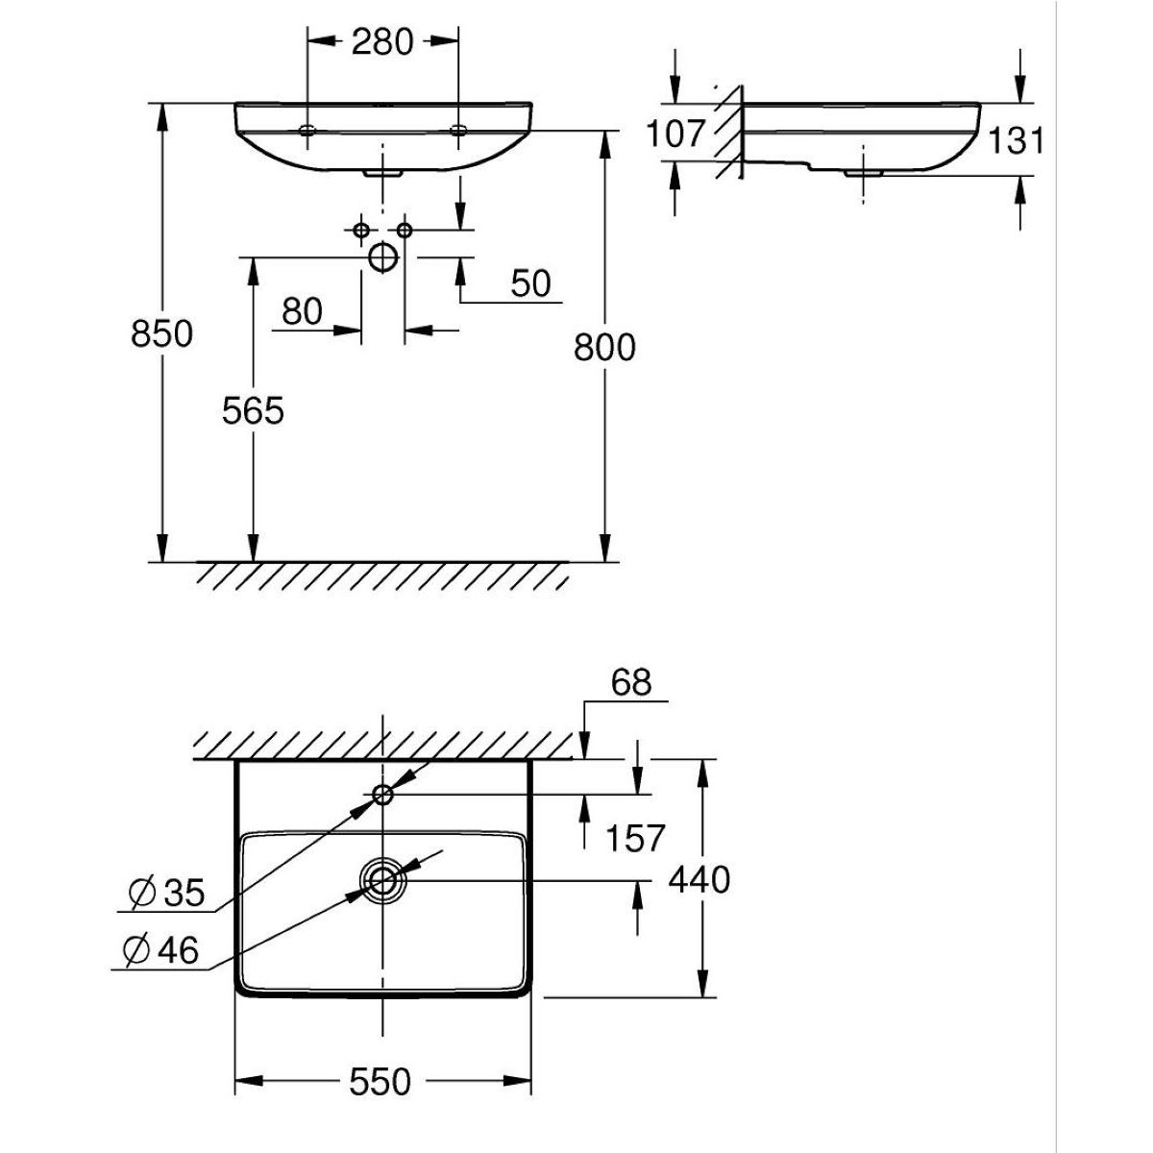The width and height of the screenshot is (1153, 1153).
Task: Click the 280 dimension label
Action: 381,42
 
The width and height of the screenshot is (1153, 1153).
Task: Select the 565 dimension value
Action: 254,410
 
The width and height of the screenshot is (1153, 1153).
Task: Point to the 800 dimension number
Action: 604,347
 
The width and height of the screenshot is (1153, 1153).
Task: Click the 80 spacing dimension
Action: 302,310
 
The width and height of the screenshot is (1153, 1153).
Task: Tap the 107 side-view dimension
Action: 675,134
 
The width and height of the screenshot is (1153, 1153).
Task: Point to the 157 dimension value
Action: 634,838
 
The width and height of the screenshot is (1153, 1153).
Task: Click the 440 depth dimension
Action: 700,879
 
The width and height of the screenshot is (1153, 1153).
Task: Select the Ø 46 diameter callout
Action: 162,951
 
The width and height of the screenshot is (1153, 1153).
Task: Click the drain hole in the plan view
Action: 382,879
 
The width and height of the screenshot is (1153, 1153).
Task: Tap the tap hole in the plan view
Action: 382,794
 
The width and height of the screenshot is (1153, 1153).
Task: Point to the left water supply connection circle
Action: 361,230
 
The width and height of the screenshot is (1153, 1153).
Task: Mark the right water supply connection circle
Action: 405,230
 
